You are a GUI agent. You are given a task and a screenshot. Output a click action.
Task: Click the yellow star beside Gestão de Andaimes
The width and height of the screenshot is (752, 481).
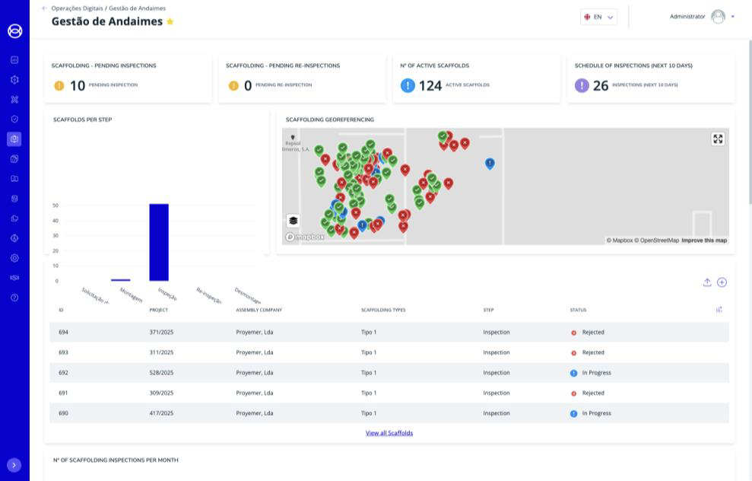170,22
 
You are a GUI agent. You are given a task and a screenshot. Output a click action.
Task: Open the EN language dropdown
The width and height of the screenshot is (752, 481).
598,17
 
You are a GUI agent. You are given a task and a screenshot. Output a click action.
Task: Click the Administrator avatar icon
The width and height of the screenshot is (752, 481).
718,17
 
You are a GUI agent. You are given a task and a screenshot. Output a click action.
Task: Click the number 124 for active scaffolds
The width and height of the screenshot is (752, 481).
430,85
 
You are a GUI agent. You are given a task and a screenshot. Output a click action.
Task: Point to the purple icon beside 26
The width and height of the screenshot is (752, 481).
582,85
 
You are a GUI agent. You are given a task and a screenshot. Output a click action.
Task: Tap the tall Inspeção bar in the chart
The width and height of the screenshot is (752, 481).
159,242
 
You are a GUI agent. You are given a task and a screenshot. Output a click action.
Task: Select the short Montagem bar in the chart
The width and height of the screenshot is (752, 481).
120,280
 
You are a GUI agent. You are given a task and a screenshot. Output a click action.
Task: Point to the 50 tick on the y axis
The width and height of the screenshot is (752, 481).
56,205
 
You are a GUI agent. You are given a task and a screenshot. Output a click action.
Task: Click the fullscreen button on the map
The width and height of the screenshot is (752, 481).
718,139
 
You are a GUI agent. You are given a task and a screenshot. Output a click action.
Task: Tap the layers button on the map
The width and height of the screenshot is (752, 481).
294,221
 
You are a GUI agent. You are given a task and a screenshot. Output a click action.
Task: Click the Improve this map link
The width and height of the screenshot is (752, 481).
703,240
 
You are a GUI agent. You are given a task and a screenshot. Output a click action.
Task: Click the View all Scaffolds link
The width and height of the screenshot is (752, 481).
389,433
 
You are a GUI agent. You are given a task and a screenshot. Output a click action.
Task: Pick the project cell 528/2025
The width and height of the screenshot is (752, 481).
161,373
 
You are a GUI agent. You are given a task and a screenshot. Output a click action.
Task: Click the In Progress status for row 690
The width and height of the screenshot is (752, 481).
596,413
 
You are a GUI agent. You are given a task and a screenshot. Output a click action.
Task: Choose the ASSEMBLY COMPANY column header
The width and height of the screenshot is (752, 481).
259,310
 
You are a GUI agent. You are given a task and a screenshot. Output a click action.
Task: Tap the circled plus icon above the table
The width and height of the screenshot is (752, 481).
722,282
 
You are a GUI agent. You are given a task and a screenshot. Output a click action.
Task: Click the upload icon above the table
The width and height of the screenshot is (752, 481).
707,282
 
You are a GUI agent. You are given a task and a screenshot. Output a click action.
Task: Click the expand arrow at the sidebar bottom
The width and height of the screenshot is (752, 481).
14,465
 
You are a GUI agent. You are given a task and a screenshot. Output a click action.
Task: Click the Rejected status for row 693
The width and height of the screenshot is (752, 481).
592,352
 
